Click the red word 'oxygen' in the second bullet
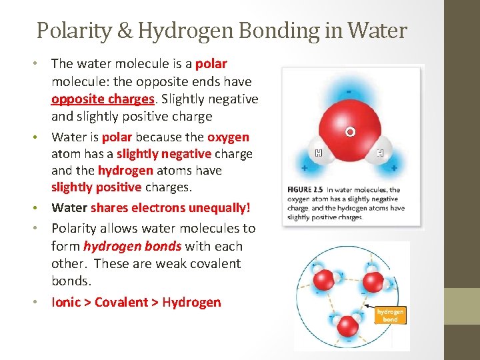click(228, 137)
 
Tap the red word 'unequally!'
click(219, 207)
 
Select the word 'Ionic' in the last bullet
click(66, 302)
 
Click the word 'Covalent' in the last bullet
click(121, 302)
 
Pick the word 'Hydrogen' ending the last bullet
click(191, 302)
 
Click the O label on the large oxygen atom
click(349, 132)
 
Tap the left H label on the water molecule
click(318, 153)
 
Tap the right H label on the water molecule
click(381, 153)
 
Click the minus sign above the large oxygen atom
click(349, 91)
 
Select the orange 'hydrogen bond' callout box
click(390, 315)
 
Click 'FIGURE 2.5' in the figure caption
click(306, 189)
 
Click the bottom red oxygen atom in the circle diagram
click(347, 326)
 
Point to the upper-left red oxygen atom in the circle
click(323, 277)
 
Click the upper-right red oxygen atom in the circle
click(372, 282)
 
